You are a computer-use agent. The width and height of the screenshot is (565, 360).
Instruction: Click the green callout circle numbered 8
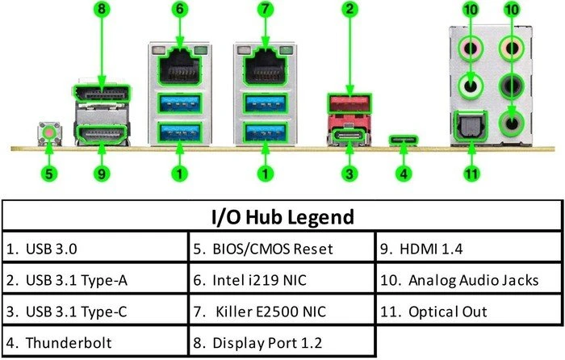[x=102, y=9]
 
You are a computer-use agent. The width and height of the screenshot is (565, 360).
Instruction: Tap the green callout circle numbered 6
[x=180, y=9]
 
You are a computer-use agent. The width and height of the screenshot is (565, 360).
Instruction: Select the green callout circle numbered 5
[x=48, y=174]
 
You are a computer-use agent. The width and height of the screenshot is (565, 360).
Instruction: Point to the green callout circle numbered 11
[x=471, y=174]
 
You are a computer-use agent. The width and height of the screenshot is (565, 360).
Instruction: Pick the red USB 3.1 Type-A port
[x=349, y=103]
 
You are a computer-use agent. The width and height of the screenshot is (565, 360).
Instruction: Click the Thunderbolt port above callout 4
[x=404, y=140]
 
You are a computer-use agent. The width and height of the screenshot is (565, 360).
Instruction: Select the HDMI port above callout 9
[x=102, y=134]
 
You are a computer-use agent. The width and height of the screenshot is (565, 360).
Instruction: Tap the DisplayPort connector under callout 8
[x=102, y=94]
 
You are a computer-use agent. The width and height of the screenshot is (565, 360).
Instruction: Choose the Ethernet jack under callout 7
[x=266, y=67]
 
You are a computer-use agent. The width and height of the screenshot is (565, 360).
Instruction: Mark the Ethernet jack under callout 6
[x=180, y=67]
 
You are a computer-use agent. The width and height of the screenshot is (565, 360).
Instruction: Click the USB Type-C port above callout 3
[x=349, y=136]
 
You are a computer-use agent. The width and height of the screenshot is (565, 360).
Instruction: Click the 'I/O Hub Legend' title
[x=282, y=216]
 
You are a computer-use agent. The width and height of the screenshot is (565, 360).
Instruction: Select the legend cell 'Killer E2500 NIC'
[x=260, y=312]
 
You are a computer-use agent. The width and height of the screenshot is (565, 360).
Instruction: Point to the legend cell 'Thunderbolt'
[x=59, y=343]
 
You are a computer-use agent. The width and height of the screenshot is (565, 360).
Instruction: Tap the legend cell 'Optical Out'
[x=433, y=312]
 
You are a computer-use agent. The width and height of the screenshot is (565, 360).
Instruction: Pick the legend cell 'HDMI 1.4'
[x=421, y=249]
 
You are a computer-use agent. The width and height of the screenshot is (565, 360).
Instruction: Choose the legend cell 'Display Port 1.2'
[x=257, y=343]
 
